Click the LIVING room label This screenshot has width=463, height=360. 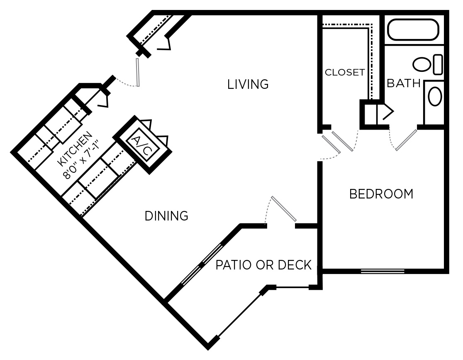[248, 84]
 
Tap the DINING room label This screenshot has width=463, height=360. [166, 216]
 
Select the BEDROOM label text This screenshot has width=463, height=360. [381, 194]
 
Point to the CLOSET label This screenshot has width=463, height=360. [344, 72]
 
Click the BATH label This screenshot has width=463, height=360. [403, 83]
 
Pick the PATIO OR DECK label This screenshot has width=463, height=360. [263, 265]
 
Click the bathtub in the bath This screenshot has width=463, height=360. [413, 30]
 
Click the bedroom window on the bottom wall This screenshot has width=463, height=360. [382, 272]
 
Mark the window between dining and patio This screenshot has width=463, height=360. [202, 264]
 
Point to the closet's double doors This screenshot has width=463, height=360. [337, 143]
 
